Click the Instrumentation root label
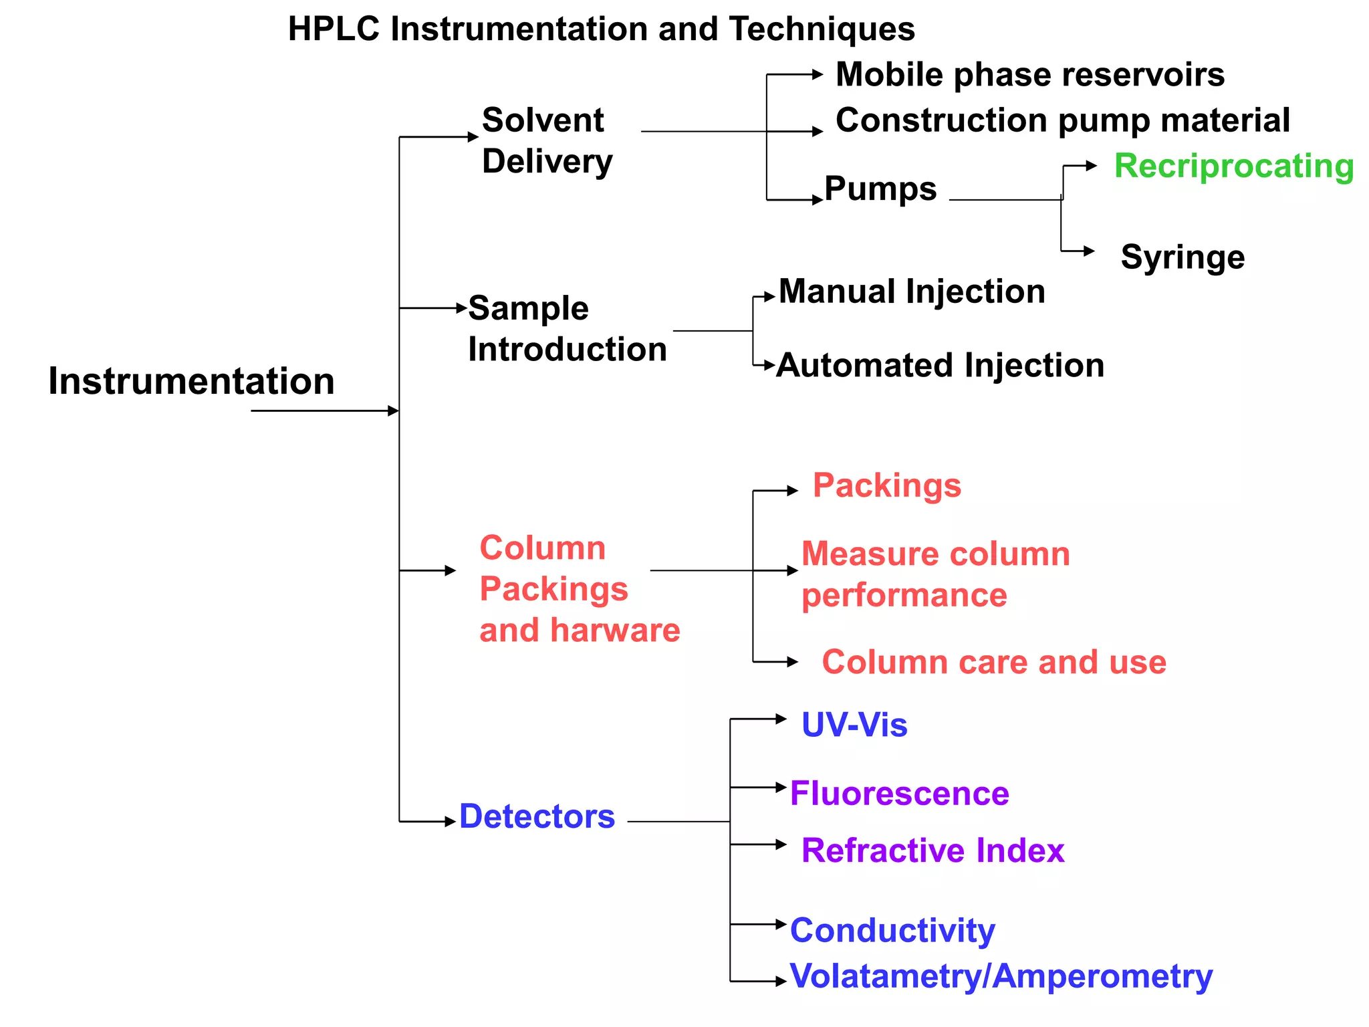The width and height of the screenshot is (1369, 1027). [191, 381]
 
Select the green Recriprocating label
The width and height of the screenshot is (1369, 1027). [1233, 166]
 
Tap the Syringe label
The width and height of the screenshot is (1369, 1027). [1182, 257]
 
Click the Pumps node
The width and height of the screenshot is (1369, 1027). [880, 189]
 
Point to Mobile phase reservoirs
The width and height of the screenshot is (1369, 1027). [1029, 74]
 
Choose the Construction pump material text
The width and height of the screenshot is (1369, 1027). [1062, 120]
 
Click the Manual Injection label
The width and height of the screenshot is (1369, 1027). [912, 292]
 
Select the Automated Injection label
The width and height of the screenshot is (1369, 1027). [940, 365]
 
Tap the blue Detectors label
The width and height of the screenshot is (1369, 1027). [537, 816]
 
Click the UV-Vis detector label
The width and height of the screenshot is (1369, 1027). [854, 725]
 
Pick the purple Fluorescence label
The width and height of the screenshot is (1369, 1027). [899, 794]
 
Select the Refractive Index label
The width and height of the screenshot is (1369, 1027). [932, 850]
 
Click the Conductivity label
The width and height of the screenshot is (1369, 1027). [892, 930]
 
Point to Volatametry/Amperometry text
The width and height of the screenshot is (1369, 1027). [1001, 976]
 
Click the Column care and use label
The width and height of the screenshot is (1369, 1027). [993, 662]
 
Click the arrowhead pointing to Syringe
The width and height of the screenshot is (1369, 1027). [1089, 251]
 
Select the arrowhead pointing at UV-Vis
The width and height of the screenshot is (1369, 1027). [781, 719]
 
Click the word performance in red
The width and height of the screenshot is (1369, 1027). [904, 595]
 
